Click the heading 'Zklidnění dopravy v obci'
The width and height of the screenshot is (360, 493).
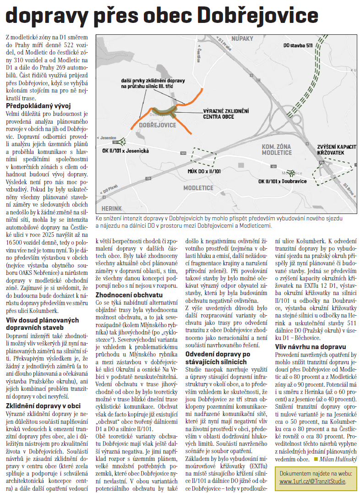pos(44,393)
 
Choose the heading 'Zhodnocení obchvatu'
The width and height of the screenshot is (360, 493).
pos(129,295)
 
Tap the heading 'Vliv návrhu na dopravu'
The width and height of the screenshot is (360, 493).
pos(310,346)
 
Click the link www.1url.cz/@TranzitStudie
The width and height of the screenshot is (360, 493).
pos(312,482)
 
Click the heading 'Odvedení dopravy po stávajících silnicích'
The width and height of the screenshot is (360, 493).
pos(218,358)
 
